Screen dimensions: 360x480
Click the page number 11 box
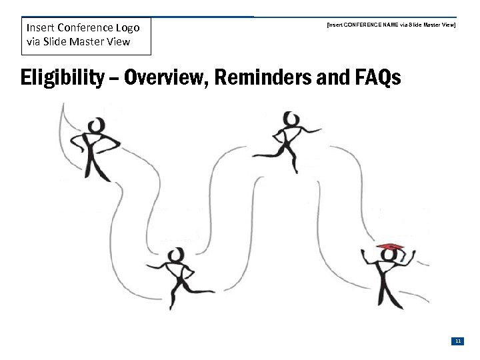point(458,341)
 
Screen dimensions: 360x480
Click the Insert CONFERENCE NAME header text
point(391,24)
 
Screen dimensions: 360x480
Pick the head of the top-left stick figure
point(98,125)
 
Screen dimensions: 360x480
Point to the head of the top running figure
point(291,119)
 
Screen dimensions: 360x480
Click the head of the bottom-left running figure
point(176,255)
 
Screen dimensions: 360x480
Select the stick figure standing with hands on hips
point(98,149)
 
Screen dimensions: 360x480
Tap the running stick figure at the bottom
point(179,277)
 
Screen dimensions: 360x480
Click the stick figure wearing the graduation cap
point(387,277)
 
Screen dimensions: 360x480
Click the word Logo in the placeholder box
point(127,28)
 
